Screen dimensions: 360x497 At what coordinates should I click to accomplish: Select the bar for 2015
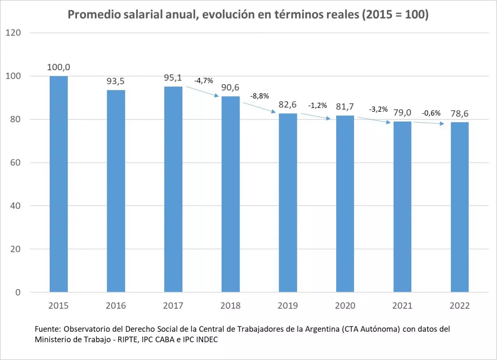[x=59, y=184]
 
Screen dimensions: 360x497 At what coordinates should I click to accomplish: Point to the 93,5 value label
[x=116, y=81]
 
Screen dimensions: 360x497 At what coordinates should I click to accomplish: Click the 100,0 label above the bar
[x=59, y=67]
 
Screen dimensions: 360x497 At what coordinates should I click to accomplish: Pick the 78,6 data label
[x=460, y=113]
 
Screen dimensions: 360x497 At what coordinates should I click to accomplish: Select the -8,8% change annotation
[x=260, y=96]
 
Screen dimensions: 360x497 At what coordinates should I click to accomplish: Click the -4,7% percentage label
[x=203, y=81]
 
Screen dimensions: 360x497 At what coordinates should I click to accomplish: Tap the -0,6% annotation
[x=431, y=113]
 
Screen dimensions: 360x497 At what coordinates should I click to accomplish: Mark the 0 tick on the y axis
[x=18, y=292]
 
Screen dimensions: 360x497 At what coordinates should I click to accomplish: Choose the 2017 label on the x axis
[x=173, y=306]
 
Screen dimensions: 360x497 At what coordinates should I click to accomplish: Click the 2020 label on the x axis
[x=345, y=306]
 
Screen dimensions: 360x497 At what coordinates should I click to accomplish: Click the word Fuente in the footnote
[x=46, y=329]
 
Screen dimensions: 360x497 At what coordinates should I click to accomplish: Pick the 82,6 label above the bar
[x=288, y=105]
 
